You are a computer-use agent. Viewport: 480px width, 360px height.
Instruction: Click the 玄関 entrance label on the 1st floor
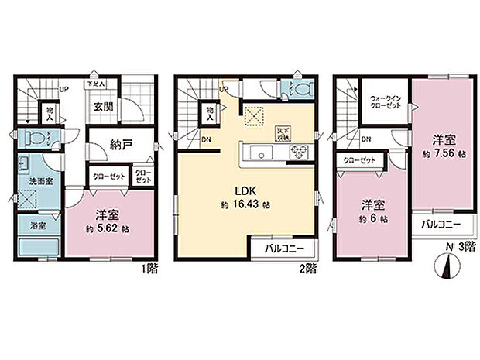coord(104,108)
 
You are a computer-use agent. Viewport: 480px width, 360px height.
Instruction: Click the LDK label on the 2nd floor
coord(246,191)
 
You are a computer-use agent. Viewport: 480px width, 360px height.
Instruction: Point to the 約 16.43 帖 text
coord(246,206)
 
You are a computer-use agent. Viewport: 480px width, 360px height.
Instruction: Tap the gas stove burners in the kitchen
coord(298,153)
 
